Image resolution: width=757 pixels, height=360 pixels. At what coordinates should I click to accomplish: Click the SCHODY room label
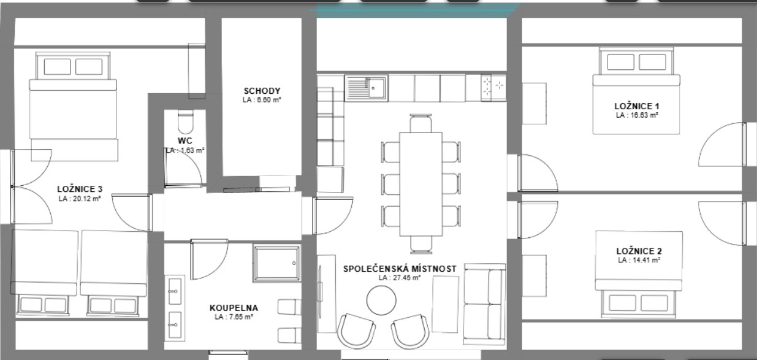pyautogui.click(x=262, y=91)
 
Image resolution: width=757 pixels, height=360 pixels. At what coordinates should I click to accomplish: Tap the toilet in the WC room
pyautogui.click(x=184, y=122)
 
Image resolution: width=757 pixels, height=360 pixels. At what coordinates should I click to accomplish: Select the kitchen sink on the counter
pyautogui.click(x=366, y=88)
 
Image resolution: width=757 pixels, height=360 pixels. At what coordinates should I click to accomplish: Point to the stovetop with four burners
pyautogui.click(x=493, y=87)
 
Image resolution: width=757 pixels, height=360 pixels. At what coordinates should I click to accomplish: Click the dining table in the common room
pyautogui.click(x=420, y=184)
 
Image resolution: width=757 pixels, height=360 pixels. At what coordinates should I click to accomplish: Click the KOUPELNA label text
pyautogui.click(x=234, y=308)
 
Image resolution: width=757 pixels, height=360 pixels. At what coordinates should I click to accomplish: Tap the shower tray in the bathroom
pyautogui.click(x=276, y=264)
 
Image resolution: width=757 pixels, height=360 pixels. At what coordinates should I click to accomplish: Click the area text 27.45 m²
pyautogui.click(x=399, y=277)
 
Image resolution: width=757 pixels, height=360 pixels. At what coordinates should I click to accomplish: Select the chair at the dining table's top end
pyautogui.click(x=420, y=123)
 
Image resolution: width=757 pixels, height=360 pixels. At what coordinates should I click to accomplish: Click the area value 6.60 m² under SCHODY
pyautogui.click(x=262, y=99)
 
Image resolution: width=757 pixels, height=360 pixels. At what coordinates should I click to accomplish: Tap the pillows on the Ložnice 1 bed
pyautogui.click(x=637, y=62)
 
